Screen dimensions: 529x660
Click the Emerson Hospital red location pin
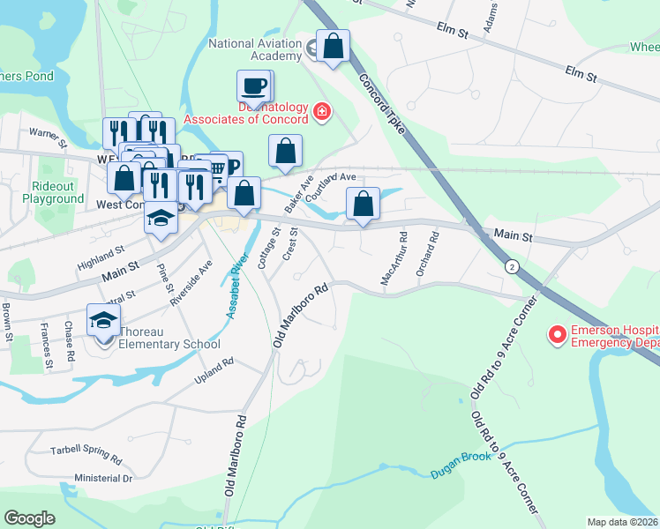point(557,335)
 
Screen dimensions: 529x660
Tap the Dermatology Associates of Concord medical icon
point(321,111)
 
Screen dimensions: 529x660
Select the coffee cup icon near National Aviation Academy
point(253,86)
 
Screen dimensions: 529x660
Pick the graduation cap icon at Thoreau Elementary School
point(103,319)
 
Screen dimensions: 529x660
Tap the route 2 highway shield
point(511,265)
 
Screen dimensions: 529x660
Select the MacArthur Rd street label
point(394,258)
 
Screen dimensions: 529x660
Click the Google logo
point(29,518)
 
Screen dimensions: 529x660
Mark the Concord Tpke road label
point(381,104)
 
